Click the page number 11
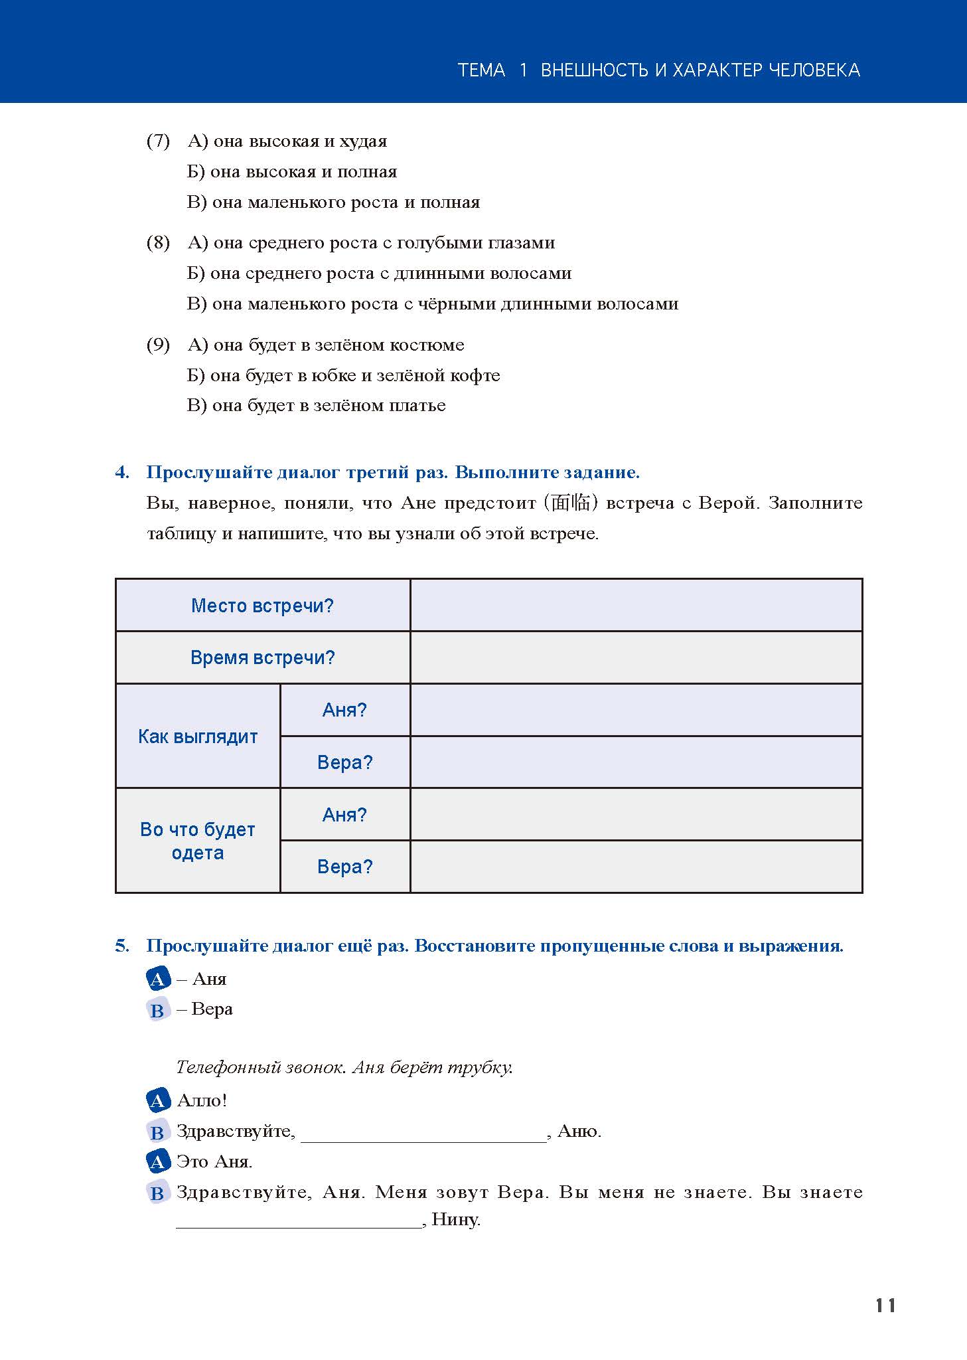click(885, 1306)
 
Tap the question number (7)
click(158, 141)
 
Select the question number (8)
click(158, 243)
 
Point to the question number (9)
click(158, 345)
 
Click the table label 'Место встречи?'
click(262, 606)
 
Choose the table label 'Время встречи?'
click(262, 657)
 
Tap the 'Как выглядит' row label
click(198, 736)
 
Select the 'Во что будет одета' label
click(198, 841)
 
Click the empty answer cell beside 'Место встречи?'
click(636, 605)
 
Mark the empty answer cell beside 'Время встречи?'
click(636, 657)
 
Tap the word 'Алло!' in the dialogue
click(202, 1100)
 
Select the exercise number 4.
click(121, 473)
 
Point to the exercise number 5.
click(121, 946)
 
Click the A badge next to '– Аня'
click(157, 979)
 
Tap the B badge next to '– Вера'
click(157, 1010)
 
